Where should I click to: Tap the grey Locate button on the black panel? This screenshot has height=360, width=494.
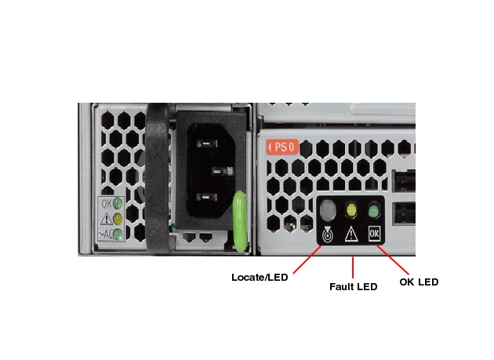[x=329, y=209]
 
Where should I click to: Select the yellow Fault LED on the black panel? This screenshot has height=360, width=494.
[x=351, y=210]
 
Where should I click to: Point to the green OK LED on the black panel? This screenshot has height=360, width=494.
[x=374, y=210]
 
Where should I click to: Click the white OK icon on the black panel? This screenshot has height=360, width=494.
[x=374, y=233]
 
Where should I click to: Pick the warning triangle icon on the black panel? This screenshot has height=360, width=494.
[x=351, y=233]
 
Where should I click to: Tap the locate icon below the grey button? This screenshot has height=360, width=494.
[x=329, y=233]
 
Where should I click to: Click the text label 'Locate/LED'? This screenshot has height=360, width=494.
[x=260, y=277]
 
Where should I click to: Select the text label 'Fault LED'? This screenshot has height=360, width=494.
[x=353, y=287]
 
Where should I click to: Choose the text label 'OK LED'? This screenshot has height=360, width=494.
[x=418, y=282]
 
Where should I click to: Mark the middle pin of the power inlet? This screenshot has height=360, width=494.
[x=222, y=169]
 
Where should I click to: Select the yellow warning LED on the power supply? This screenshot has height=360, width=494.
[x=118, y=219]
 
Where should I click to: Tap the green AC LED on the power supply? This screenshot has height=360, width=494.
[x=118, y=234]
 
